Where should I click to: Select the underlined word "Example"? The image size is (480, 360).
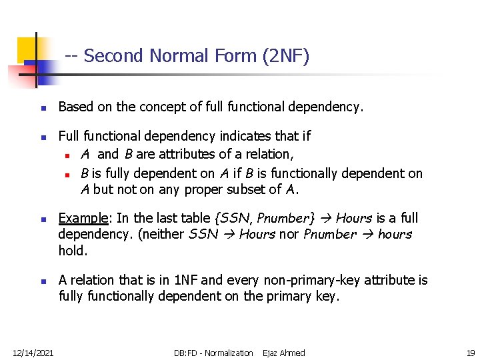click(83, 218)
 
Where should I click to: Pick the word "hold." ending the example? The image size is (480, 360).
click(72, 250)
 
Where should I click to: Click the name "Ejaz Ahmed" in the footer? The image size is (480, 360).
click(284, 353)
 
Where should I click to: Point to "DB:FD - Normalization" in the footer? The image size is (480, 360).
click(213, 353)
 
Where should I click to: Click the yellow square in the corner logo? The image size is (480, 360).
click(28, 47)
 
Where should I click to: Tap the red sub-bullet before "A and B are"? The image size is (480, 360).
click(68, 155)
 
